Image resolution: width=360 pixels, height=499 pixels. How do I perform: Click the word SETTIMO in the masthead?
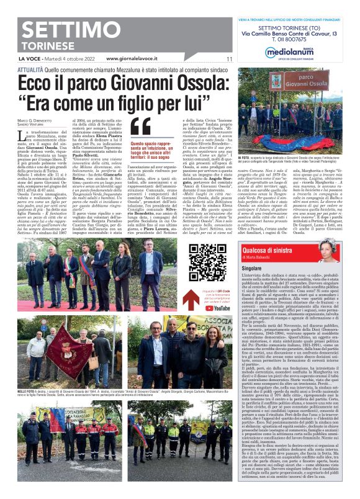pos(61,30)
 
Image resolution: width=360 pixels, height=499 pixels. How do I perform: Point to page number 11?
pos(229,59)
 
